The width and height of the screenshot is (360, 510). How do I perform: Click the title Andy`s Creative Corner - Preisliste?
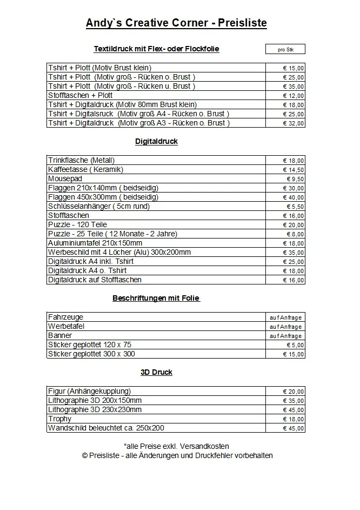[x=176, y=23]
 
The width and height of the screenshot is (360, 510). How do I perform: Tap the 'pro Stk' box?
[x=285, y=50]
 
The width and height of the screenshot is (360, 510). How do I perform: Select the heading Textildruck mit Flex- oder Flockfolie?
[x=156, y=49]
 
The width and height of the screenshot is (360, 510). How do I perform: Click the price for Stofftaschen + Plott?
[x=294, y=96]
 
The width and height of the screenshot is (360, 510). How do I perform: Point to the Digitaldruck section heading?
[x=156, y=142]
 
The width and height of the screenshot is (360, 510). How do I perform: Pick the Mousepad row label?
[x=65, y=178]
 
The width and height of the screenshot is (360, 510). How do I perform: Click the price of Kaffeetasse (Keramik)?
[x=294, y=170]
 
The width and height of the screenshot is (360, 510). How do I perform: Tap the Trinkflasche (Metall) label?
[x=81, y=160]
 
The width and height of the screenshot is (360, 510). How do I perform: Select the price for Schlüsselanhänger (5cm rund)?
[x=295, y=207]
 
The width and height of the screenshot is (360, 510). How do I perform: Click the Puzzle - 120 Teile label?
[x=77, y=224]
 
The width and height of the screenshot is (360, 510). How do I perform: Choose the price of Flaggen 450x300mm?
[x=294, y=197]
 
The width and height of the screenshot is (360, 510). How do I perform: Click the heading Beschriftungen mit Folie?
[x=156, y=298]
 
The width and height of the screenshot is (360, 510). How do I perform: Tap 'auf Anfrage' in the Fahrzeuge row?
[x=285, y=317]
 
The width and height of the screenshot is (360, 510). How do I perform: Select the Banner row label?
[x=60, y=335]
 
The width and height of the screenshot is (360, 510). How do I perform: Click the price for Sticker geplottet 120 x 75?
[x=295, y=345]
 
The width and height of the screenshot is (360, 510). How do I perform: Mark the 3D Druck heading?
[x=156, y=372]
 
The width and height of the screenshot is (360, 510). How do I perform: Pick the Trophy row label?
[x=59, y=419]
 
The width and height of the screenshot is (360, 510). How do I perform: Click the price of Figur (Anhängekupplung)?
[x=294, y=392]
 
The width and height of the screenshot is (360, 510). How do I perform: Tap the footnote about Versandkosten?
[x=176, y=446]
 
